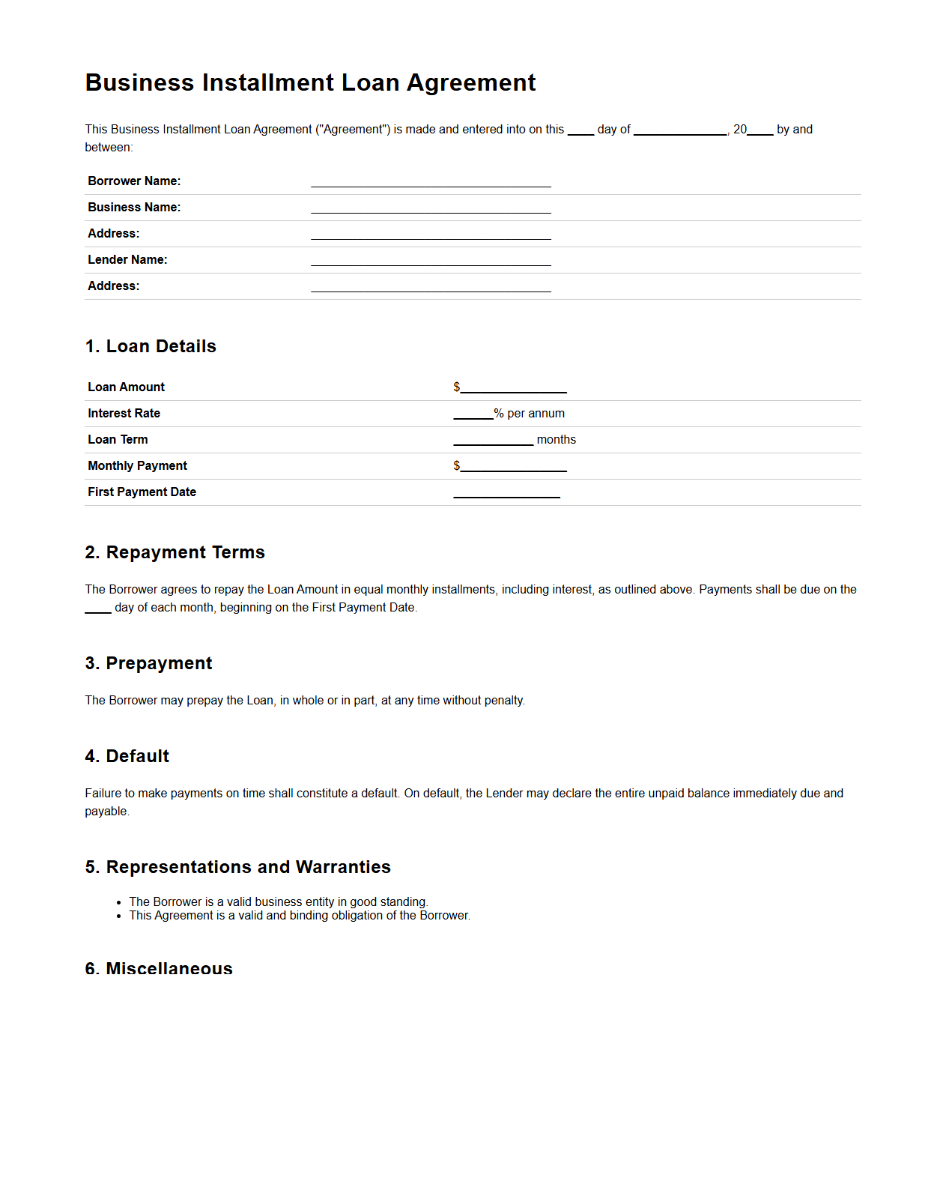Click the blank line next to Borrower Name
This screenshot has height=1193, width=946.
pos(431,182)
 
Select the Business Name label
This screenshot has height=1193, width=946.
pos(134,208)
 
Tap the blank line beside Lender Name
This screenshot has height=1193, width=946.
pos(431,261)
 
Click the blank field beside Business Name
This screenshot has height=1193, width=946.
pos(431,208)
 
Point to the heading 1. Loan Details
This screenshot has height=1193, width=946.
pos(151,346)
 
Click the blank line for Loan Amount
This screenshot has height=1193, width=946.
pos(513,388)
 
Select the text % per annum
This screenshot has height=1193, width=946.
pos(530,414)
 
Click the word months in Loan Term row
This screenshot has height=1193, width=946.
pos(557,440)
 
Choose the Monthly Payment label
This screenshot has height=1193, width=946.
pos(137,466)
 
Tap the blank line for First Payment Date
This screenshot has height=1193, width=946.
pos(506,493)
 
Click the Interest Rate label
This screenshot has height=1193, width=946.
pos(124,414)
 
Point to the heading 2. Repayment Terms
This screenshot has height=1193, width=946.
pos(175,552)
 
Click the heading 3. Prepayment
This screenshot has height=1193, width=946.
pos(148,663)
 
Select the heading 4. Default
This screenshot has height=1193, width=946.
pos(127,756)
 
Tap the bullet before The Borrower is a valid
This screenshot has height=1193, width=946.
pos(119,903)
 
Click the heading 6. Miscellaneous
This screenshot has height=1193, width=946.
pos(159,969)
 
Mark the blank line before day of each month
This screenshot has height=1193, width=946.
pos(98,609)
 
